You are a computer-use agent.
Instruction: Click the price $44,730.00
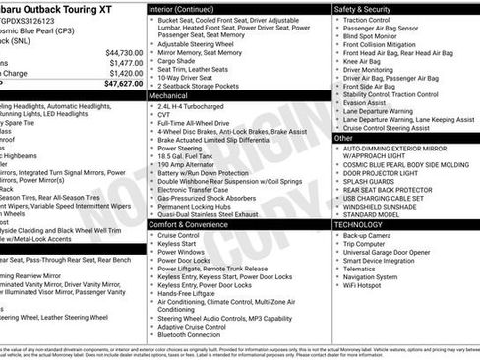pyautogui.click(x=124, y=52)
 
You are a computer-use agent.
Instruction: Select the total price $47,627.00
pyautogui.click(x=123, y=84)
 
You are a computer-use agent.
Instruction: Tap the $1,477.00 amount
pyautogui.click(x=126, y=62)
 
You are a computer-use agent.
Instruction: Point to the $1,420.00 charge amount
pyautogui.click(x=126, y=73)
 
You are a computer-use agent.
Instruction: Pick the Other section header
pyautogui.click(x=344, y=139)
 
